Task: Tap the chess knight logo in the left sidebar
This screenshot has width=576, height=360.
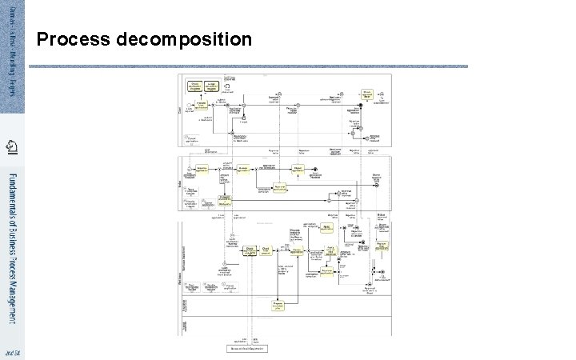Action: click(12, 146)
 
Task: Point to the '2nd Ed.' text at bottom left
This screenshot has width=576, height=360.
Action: click(12, 352)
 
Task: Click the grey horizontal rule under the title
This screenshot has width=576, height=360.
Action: click(252, 66)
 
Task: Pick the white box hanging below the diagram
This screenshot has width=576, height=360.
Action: click(245, 348)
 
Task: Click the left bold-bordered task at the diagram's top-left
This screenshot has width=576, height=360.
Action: click(194, 86)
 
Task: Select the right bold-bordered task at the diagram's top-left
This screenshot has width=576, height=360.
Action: click(212, 86)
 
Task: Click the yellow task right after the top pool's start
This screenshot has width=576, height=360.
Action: click(203, 105)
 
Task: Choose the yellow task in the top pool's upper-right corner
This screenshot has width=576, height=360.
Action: click(367, 93)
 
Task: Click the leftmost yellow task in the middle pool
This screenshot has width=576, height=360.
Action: click(202, 170)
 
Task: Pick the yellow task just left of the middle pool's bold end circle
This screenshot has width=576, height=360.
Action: click(298, 169)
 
